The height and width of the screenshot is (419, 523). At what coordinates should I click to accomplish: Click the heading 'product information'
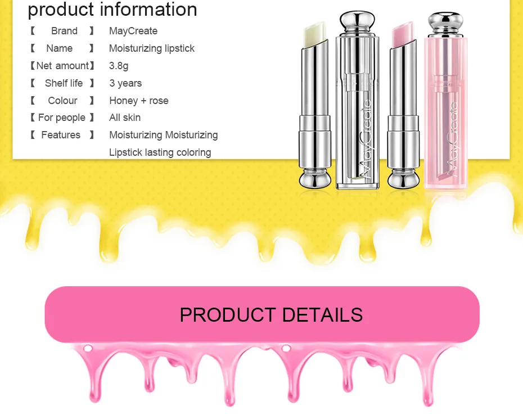[x=112, y=10]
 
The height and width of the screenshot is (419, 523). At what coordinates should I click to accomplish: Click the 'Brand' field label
[x=64, y=31]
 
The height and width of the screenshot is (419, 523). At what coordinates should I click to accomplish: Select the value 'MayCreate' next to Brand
[x=133, y=31]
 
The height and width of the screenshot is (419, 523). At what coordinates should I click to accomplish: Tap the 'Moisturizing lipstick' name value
[x=152, y=48]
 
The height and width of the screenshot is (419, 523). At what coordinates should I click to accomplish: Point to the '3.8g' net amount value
[x=119, y=66]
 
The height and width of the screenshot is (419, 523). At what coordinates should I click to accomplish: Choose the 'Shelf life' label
[x=64, y=83]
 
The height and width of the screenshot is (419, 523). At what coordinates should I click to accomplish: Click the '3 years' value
[x=125, y=83]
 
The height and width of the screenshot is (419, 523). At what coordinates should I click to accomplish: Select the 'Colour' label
[x=62, y=101]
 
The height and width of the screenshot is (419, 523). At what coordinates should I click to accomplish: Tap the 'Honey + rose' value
[x=139, y=101]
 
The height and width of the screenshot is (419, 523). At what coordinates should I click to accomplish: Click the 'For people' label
[x=62, y=118]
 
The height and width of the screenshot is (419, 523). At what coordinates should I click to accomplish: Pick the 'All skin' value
[x=125, y=118]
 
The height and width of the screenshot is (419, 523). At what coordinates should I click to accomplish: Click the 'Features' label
[x=61, y=135]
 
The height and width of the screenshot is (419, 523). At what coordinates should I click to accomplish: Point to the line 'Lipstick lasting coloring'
[x=160, y=152]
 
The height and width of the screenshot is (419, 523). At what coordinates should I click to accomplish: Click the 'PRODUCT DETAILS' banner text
[x=271, y=314]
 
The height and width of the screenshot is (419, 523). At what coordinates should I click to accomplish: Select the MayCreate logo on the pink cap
[x=453, y=135]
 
